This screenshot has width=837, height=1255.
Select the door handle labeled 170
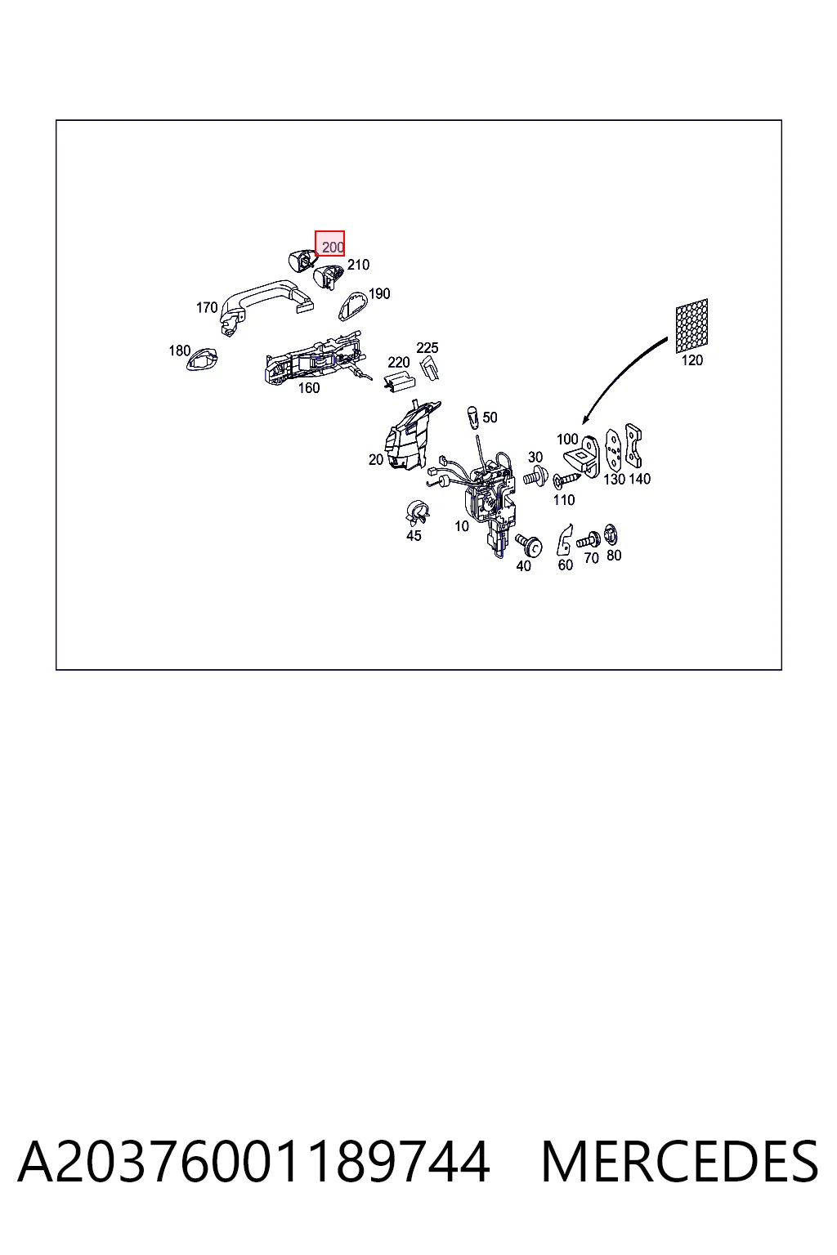pyautogui.click(x=263, y=302)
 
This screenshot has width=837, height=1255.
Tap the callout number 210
pyautogui.click(x=358, y=265)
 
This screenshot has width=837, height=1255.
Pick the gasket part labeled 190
pyautogui.click(x=352, y=306)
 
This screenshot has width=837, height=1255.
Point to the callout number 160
pyautogui.click(x=308, y=388)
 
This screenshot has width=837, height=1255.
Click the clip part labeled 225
pyautogui.click(x=429, y=368)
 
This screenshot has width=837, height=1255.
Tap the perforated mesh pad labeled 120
pyautogui.click(x=692, y=326)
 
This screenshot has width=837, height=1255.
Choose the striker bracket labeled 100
pyautogui.click(x=583, y=457)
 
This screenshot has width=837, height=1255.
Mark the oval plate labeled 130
pyautogui.click(x=614, y=452)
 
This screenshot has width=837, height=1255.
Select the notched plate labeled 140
pyautogui.click(x=634, y=446)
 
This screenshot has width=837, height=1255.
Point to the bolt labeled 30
pyautogui.click(x=535, y=477)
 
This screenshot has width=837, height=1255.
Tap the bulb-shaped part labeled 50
pyautogui.click(x=472, y=418)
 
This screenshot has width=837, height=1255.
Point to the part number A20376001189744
pyautogui.click(x=254, y=1162)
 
